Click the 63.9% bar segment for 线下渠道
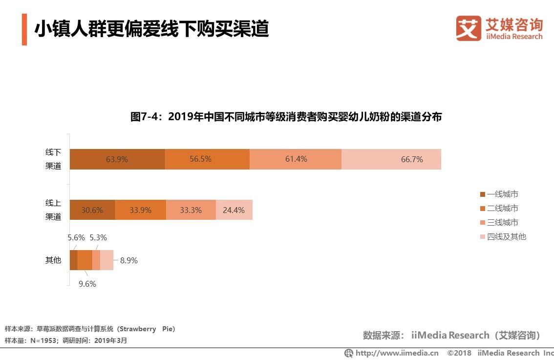(117, 159)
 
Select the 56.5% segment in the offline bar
(207, 159)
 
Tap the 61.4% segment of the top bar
(296, 159)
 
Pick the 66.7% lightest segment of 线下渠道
(391, 159)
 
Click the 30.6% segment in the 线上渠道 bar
(92, 210)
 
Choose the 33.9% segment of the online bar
(141, 210)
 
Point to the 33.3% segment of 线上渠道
(191, 210)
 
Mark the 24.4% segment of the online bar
(234, 210)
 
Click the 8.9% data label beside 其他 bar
(129, 260)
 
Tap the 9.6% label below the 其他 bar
(87, 284)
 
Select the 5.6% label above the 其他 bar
(76, 238)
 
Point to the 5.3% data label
(98, 238)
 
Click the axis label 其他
(53, 260)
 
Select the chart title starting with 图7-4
(286, 117)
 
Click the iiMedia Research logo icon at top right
(469, 28)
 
